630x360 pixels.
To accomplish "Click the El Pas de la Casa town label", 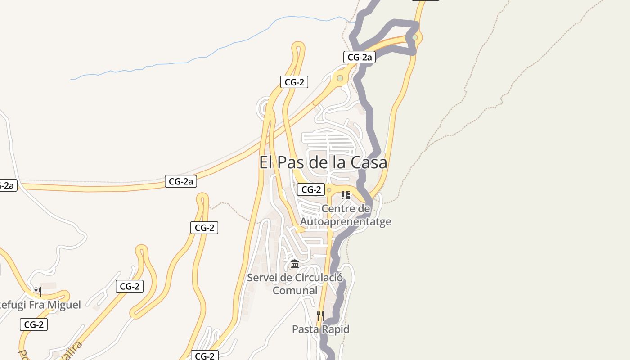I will tap(323, 162).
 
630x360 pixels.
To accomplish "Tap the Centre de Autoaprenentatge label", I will tap(346, 215).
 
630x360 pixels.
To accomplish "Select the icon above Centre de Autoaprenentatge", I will tap(346, 195).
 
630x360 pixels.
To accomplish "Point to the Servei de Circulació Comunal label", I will tap(295, 284).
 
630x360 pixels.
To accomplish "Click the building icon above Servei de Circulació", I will tap(295, 264).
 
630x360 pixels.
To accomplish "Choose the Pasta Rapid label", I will tap(320, 329).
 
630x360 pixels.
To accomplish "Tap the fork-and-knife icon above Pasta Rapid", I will tap(320, 315).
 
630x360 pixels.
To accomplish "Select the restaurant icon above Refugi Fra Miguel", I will tap(38, 291).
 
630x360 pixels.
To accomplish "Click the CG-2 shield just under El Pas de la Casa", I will tap(311, 190).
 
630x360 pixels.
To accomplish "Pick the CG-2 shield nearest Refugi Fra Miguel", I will tap(34, 324).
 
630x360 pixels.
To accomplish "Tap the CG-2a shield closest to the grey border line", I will tap(359, 57).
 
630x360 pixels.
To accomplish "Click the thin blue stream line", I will tap(180, 63).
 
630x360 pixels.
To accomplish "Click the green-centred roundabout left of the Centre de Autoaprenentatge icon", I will tap(329, 190).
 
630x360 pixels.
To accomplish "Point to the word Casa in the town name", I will tap(368, 162).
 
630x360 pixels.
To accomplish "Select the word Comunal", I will tap(295, 291).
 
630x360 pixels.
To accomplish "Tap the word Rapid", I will tap(336, 329).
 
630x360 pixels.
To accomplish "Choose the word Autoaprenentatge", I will tap(346, 222).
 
